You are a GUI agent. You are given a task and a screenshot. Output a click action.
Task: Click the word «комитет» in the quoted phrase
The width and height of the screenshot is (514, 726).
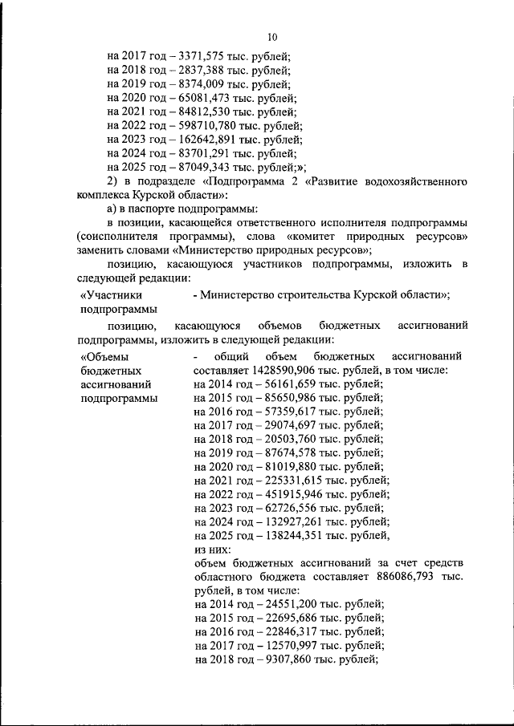(x=312, y=238)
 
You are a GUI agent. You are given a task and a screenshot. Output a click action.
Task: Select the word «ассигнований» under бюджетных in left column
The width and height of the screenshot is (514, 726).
(x=113, y=384)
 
